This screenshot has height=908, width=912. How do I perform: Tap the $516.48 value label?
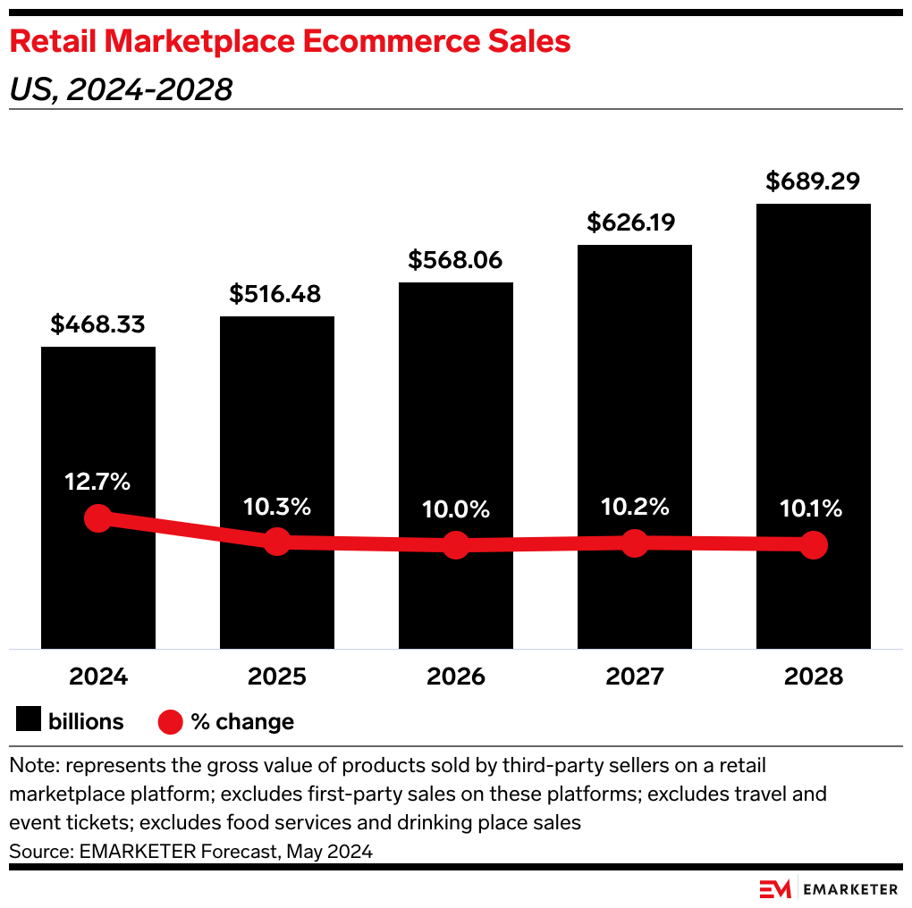click(x=276, y=293)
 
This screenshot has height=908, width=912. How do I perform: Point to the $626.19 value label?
click(x=634, y=222)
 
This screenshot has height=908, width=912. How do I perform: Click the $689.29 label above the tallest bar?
click(x=813, y=181)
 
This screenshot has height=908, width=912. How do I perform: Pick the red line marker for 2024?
click(x=97, y=518)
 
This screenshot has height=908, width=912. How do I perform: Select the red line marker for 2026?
click(x=456, y=545)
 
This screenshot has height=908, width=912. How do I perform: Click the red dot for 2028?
click(x=813, y=544)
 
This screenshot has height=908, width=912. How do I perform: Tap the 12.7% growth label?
click(x=97, y=482)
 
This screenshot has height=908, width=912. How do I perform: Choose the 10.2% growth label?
click(x=634, y=507)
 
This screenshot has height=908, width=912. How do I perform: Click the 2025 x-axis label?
click(x=276, y=677)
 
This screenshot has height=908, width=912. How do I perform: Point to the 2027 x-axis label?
click(x=634, y=677)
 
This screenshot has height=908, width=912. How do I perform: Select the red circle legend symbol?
click(x=170, y=721)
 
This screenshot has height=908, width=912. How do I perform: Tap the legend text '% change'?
click(x=242, y=721)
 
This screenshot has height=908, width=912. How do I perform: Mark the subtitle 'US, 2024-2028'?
click(x=122, y=89)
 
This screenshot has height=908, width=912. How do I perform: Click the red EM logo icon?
click(x=774, y=888)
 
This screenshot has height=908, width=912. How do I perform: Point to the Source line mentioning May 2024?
click(x=190, y=852)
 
